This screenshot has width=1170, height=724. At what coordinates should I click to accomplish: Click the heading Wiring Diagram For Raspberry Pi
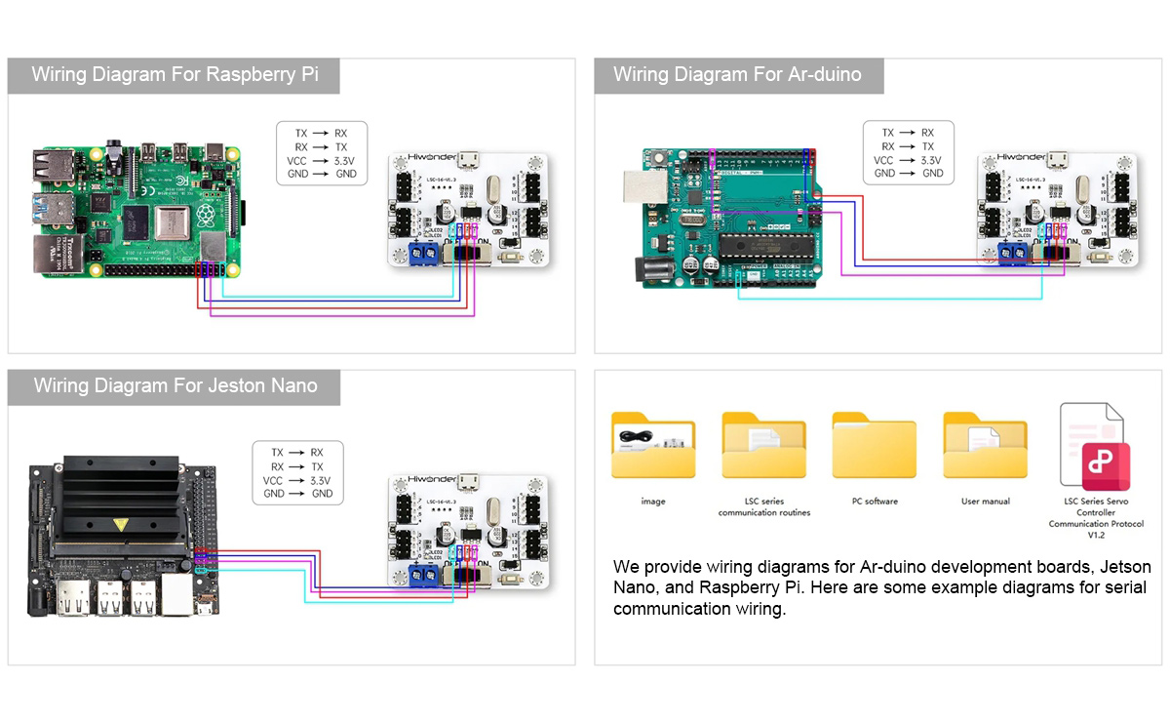(175, 75)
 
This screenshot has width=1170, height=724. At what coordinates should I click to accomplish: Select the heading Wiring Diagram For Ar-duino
(737, 75)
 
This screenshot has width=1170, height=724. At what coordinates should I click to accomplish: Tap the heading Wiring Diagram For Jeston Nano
(175, 385)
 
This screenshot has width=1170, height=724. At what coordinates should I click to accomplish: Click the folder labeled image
(652, 446)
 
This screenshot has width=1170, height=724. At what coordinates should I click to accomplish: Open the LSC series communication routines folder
(763, 446)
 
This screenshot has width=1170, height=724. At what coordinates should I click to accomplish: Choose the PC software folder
(875, 446)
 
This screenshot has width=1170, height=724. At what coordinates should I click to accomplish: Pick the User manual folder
(985, 446)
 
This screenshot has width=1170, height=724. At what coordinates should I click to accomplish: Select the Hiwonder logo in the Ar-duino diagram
(1019, 157)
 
